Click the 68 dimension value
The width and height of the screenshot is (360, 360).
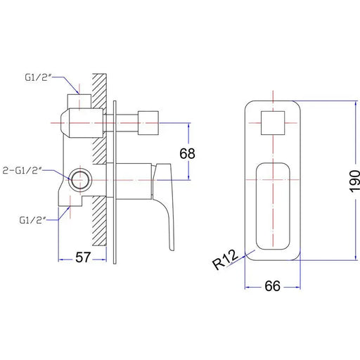tap(187, 153)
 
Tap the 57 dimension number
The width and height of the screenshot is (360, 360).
tap(83, 257)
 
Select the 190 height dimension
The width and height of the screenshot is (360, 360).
tap(354, 181)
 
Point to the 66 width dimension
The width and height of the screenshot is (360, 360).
tap(272, 286)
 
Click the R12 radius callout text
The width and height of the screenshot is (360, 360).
tap(225, 259)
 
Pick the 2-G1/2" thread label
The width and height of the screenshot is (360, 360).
tap(22, 170)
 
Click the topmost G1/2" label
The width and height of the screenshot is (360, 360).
tap(38, 77)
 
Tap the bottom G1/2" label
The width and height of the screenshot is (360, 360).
tap(32, 220)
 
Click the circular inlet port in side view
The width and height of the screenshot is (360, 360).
tap(80, 180)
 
